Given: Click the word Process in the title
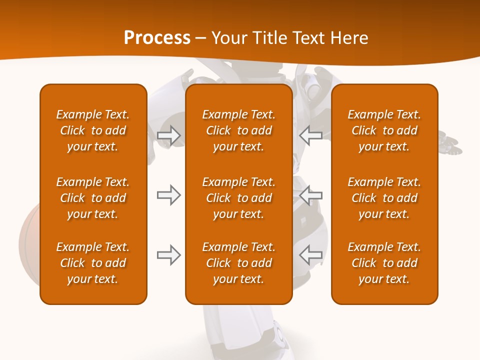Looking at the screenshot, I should click(x=157, y=38).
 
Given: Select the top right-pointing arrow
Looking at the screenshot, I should click(x=168, y=135).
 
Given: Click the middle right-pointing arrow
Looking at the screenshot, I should click(x=168, y=195).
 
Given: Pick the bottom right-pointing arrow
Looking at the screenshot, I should click(x=168, y=255).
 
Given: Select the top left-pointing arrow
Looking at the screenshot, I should click(x=311, y=135).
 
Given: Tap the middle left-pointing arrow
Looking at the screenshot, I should click(x=311, y=195).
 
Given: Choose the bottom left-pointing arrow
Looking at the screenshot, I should click(x=311, y=255).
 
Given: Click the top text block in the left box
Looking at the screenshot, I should click(x=93, y=130).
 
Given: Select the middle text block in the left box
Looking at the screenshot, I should click(x=93, y=198).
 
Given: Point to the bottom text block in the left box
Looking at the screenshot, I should click(x=93, y=263).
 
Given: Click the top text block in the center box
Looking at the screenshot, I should click(x=239, y=130).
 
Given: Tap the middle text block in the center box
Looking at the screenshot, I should click(x=239, y=198).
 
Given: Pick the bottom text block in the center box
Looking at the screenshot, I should click(x=239, y=263).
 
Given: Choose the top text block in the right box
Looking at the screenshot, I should click(x=384, y=130).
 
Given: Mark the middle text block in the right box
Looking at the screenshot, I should click(x=384, y=198).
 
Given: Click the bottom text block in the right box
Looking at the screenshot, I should click(x=384, y=263).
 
